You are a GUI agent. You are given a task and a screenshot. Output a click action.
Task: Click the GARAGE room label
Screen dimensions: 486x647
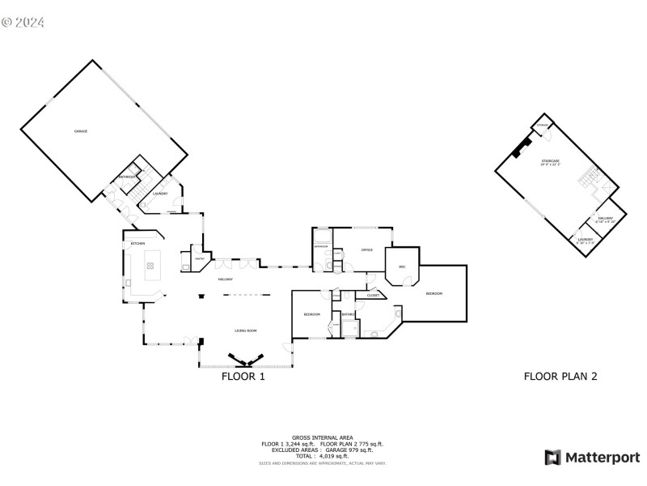[x=81, y=131]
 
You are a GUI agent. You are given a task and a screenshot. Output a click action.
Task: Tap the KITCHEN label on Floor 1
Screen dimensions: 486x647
[x=138, y=244]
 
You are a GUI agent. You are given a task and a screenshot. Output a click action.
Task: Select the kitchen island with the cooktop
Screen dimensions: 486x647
[x=150, y=265]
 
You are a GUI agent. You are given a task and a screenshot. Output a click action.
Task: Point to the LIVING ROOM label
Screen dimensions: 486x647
[x=246, y=330]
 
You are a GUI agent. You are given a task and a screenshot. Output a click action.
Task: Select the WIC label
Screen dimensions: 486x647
[x=401, y=266]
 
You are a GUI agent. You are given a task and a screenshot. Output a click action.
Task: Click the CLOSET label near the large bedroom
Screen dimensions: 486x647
[x=373, y=296]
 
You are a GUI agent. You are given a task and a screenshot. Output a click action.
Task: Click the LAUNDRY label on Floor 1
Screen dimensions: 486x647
[x=160, y=194]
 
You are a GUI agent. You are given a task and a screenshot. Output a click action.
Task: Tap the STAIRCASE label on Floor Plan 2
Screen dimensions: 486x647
[x=551, y=163]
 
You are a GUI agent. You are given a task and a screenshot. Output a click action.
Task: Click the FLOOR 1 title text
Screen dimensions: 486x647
[x=243, y=377]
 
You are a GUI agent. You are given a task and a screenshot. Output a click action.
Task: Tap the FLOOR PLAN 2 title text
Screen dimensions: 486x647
[x=560, y=376]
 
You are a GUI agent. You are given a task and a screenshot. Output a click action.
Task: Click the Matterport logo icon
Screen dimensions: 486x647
[x=553, y=458]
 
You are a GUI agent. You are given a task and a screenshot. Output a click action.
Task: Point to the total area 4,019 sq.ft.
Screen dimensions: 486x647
[x=322, y=456]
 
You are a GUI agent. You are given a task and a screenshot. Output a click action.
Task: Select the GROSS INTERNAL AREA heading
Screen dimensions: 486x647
[x=321, y=437]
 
